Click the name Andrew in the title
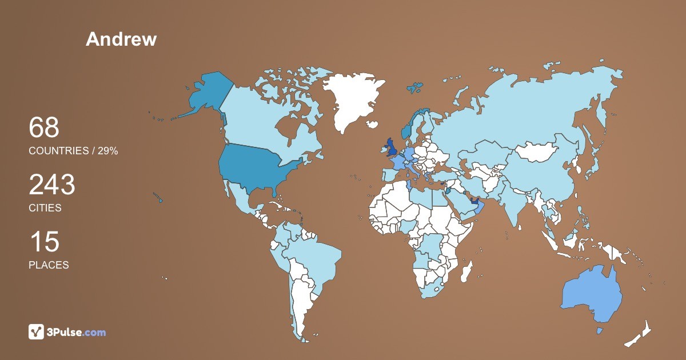point(121,39)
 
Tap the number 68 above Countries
point(44,127)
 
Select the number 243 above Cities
point(52,185)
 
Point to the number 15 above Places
point(44,242)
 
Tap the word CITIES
point(45,208)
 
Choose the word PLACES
point(49,265)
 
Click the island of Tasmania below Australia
point(599,331)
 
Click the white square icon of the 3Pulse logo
point(37,331)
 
